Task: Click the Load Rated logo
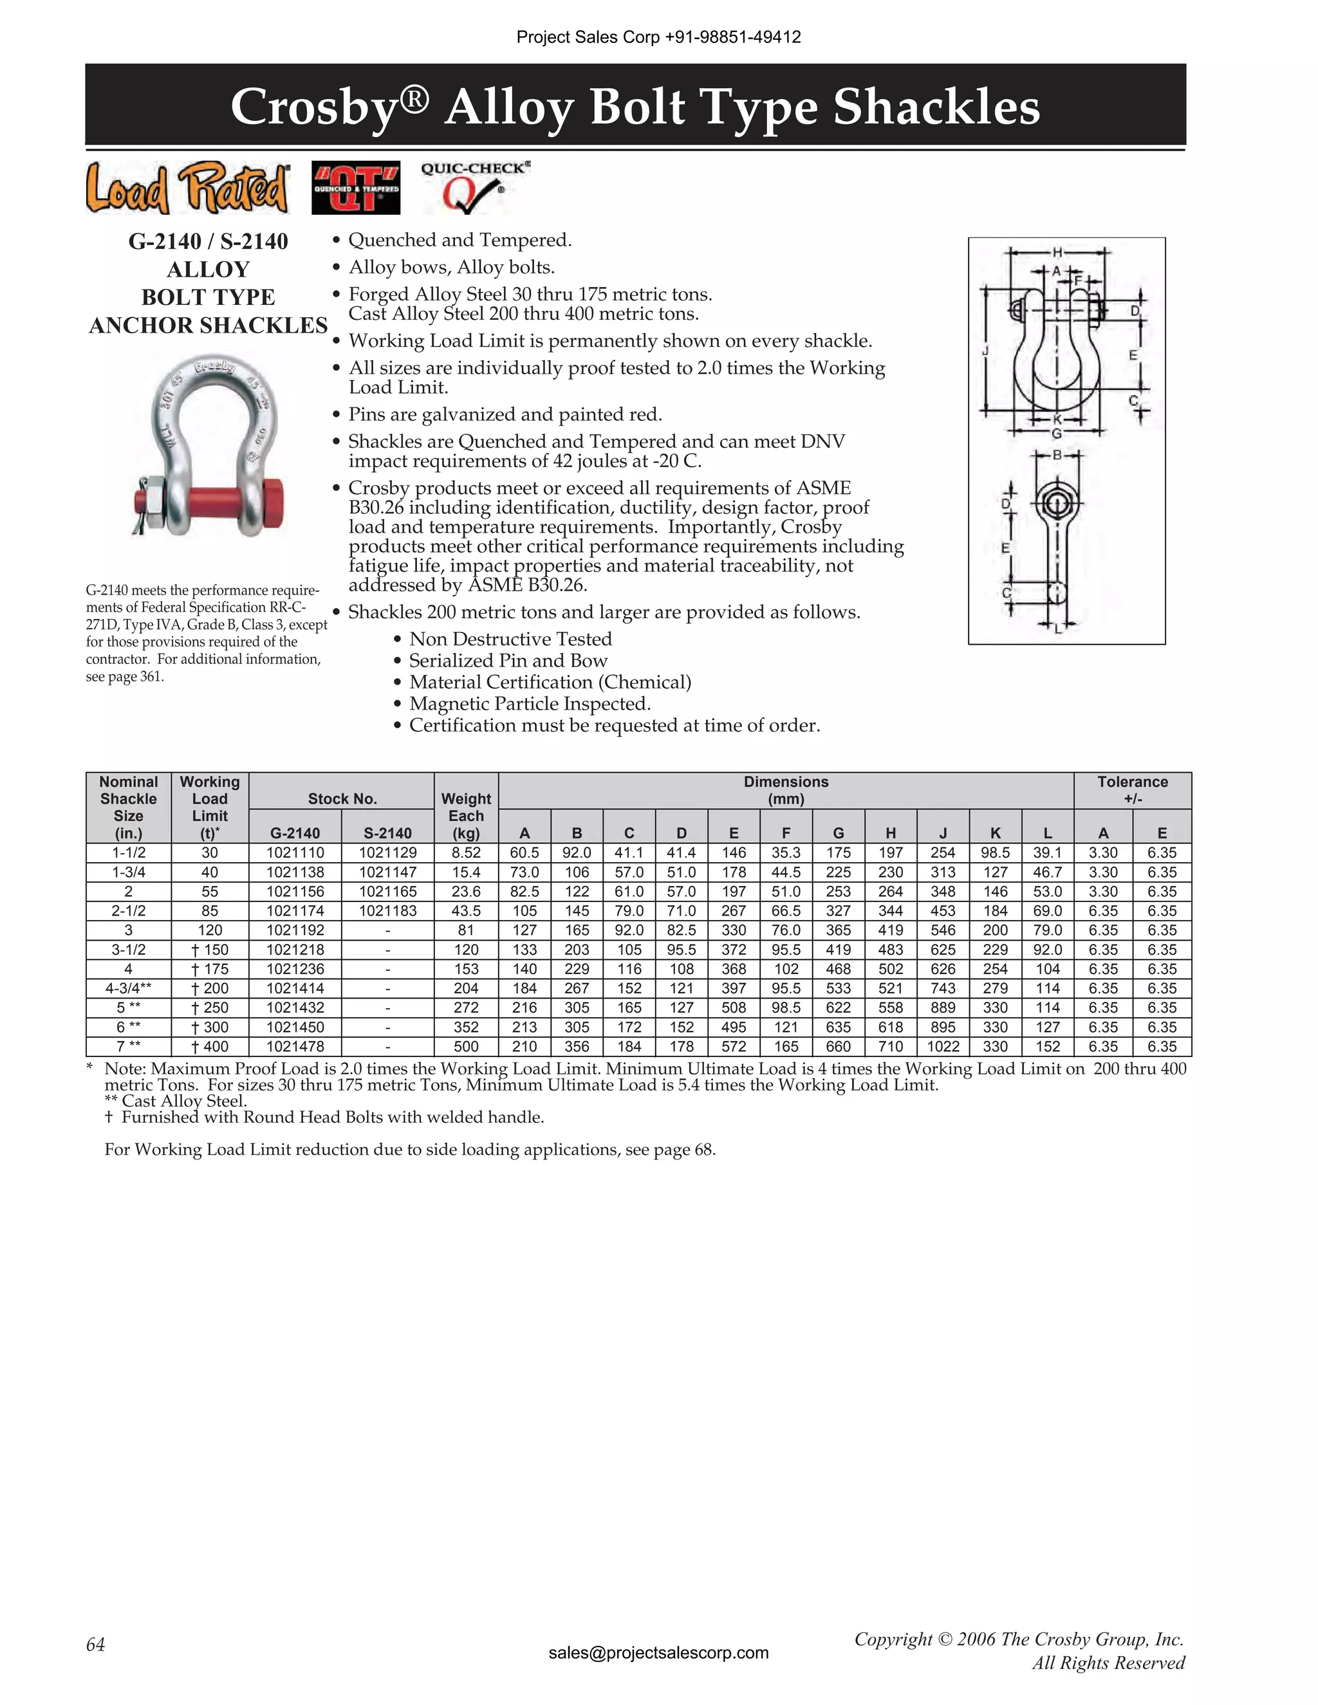[187, 188]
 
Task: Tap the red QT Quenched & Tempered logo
[355, 188]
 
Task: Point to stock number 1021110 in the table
[295, 853]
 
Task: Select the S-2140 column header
[388, 833]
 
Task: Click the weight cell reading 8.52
[466, 853]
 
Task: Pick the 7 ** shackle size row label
[128, 1047]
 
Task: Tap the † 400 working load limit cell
[209, 1047]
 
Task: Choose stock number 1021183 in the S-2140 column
[388, 911]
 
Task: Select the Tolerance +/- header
[1132, 790]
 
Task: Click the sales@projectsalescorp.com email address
[658, 1653]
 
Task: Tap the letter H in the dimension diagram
[1057, 252]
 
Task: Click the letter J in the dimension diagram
[985, 351]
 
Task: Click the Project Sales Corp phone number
[732, 37]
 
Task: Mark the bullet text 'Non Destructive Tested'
[510, 639]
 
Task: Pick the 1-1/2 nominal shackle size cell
[128, 853]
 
